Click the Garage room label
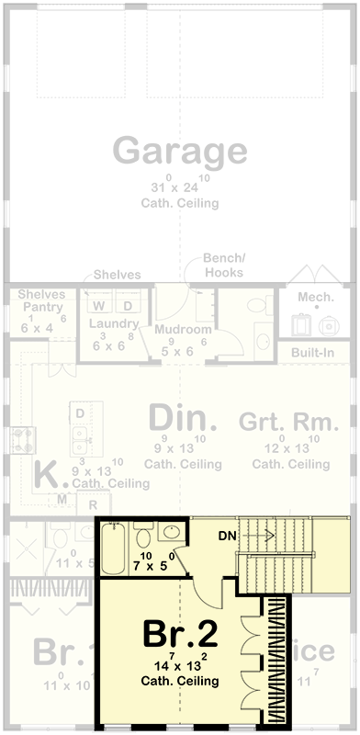(x=180, y=150)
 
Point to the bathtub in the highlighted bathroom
(x=116, y=548)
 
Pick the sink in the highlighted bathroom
(x=171, y=532)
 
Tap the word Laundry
(x=113, y=324)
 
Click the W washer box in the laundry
(x=100, y=305)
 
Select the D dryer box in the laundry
(x=128, y=305)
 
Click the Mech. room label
(x=316, y=297)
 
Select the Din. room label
(x=184, y=419)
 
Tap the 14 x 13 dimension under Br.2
(x=180, y=666)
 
